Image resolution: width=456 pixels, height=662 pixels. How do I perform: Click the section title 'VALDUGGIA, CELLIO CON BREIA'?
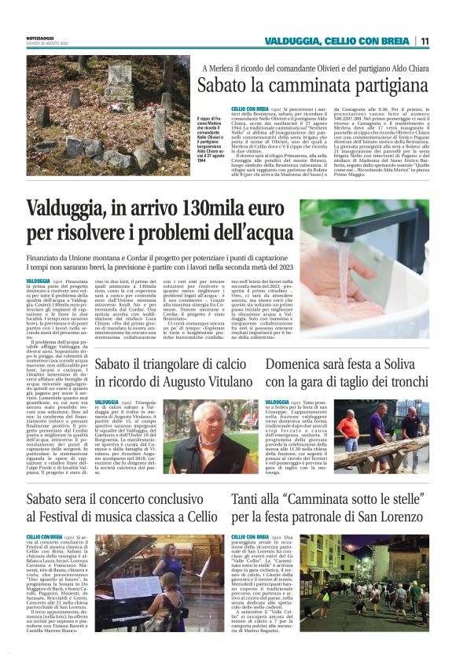[337, 41]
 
